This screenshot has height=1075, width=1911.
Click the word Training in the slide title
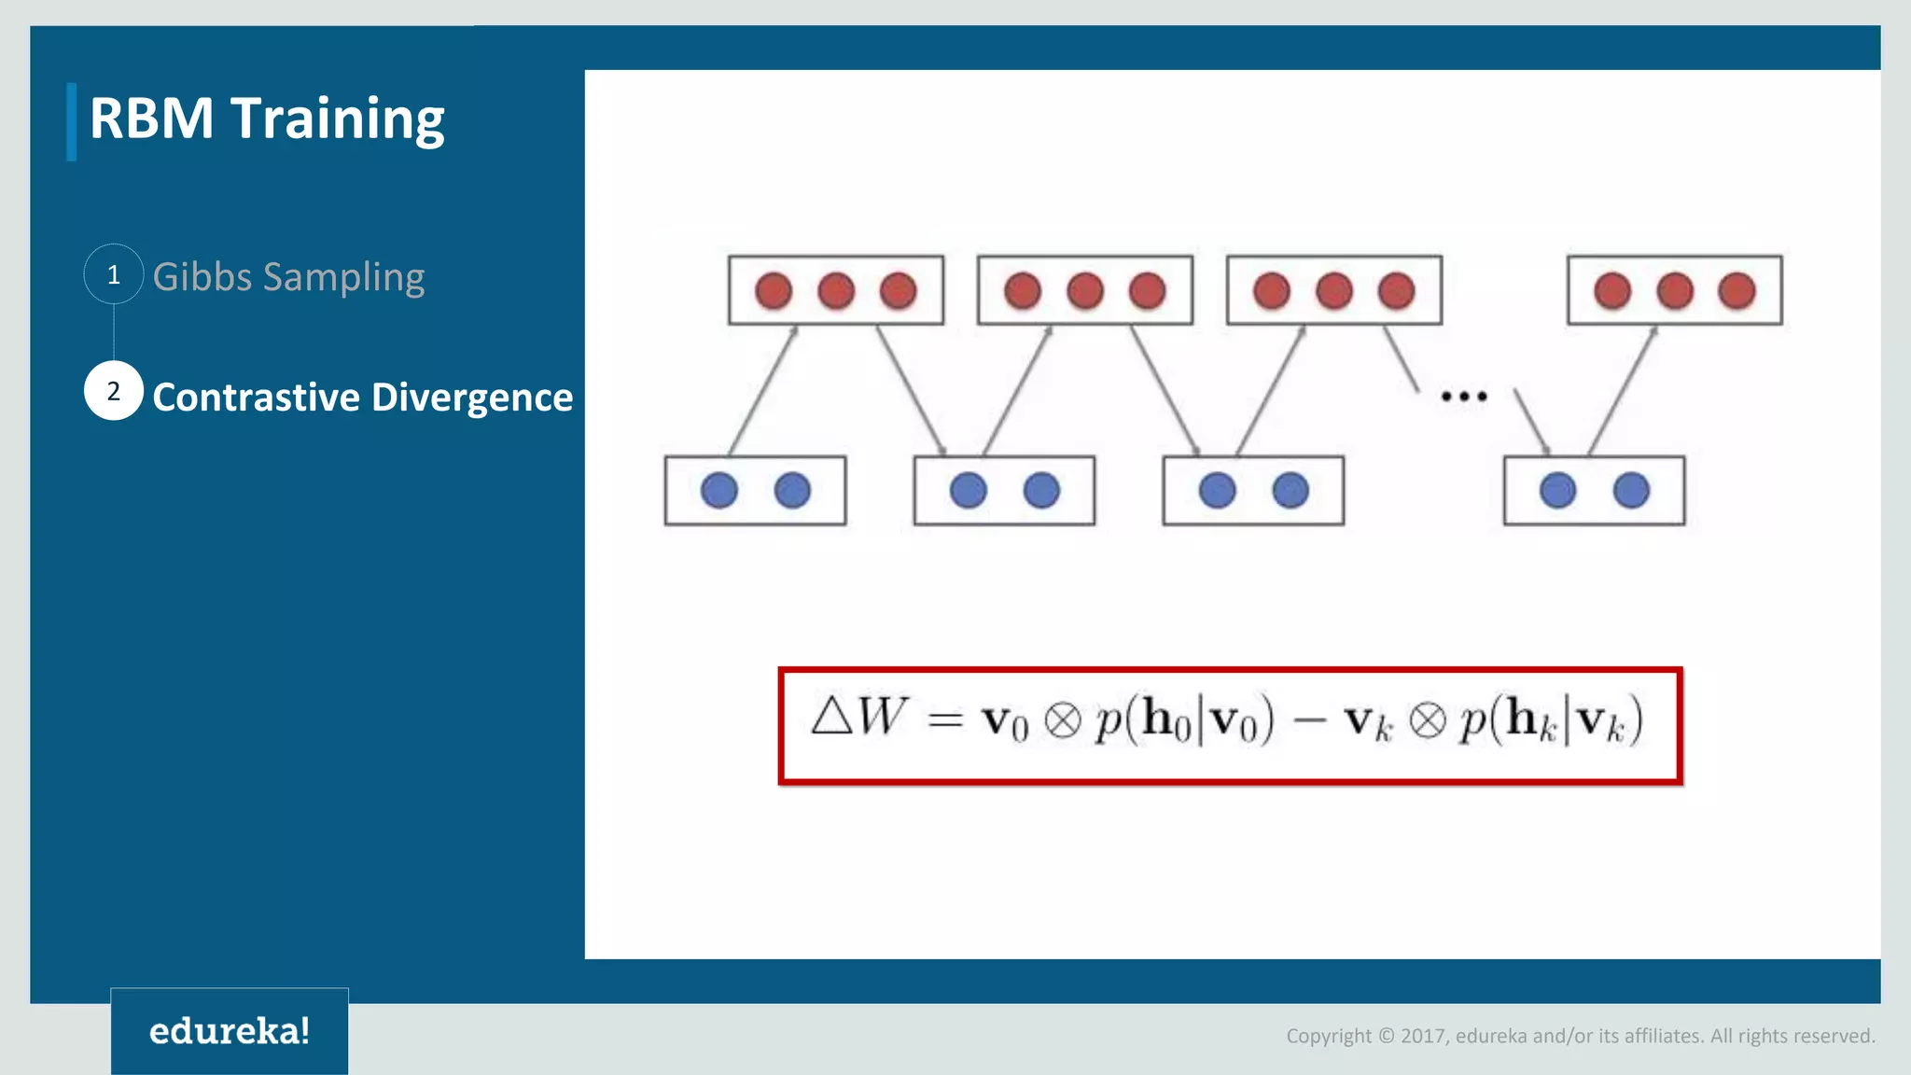[x=337, y=119]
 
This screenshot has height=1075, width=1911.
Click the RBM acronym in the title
[x=152, y=119]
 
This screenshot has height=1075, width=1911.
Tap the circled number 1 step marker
[x=114, y=274]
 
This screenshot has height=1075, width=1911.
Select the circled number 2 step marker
[x=114, y=391]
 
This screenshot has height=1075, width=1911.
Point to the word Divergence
[x=472, y=398]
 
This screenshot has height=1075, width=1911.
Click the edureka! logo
[x=230, y=1031]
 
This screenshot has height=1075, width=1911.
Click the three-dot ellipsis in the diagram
[x=1463, y=397]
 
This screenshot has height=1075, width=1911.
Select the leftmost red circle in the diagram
[x=774, y=291]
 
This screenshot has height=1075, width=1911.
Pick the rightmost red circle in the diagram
[x=1737, y=291]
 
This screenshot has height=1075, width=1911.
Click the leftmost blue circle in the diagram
[x=718, y=491]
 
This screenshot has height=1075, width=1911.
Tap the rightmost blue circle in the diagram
[x=1631, y=491]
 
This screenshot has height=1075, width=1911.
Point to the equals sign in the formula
[x=945, y=719]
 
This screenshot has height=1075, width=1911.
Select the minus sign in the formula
[x=1309, y=720]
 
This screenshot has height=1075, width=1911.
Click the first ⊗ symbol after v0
[x=1062, y=720]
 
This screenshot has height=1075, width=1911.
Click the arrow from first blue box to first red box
[x=763, y=390]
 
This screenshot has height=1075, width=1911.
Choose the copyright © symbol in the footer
[x=1386, y=1036]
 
